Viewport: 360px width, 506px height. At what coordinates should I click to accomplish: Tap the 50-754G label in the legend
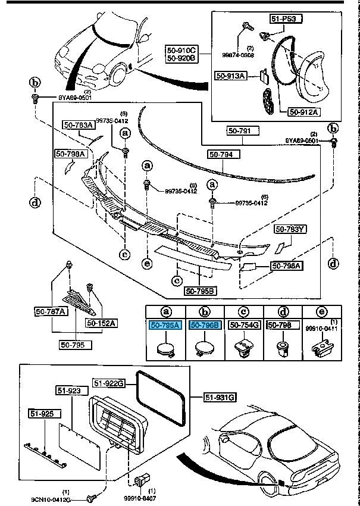(244, 325)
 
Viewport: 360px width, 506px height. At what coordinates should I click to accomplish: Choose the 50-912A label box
(304, 111)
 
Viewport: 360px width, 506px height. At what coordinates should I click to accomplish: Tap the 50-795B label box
(201, 291)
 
